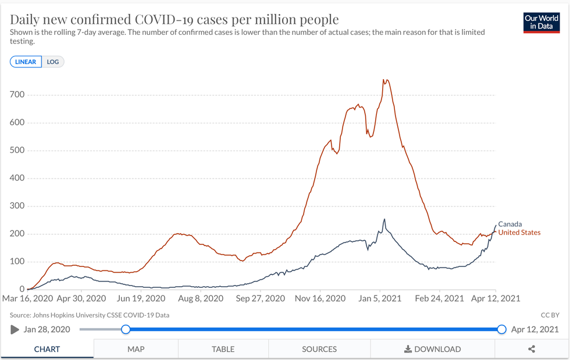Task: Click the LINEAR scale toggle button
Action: [x=26, y=62]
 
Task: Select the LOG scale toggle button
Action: [x=53, y=62]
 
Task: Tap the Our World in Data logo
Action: [x=541, y=22]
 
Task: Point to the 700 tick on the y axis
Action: [x=17, y=95]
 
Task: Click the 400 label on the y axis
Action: [x=17, y=178]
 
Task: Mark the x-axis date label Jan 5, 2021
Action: [x=380, y=298]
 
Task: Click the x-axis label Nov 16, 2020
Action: [x=321, y=298]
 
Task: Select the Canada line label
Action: [x=510, y=224]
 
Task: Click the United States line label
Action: [x=519, y=233]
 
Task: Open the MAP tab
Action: [x=136, y=349]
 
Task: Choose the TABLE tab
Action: [x=223, y=349]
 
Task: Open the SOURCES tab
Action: [x=319, y=349]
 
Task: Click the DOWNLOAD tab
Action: [x=433, y=349]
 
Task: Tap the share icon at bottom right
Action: [x=532, y=349]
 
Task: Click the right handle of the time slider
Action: [x=502, y=329]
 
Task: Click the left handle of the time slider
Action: [x=125, y=329]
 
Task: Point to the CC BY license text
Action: [x=549, y=315]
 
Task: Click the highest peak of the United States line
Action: [x=384, y=80]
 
